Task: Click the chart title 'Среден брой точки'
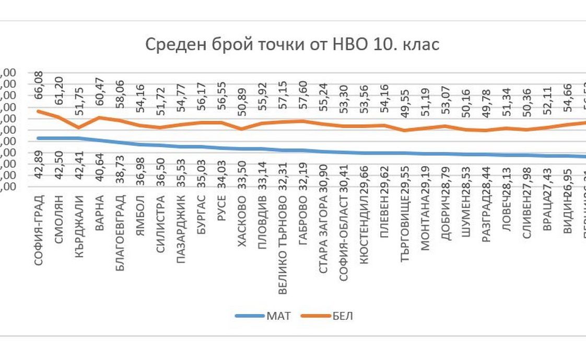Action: (x=291, y=44)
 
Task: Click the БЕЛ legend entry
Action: (x=343, y=316)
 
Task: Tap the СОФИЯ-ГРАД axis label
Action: (x=39, y=230)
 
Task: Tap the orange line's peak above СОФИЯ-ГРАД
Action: (x=39, y=111)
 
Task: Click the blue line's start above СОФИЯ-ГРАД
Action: (x=39, y=138)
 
